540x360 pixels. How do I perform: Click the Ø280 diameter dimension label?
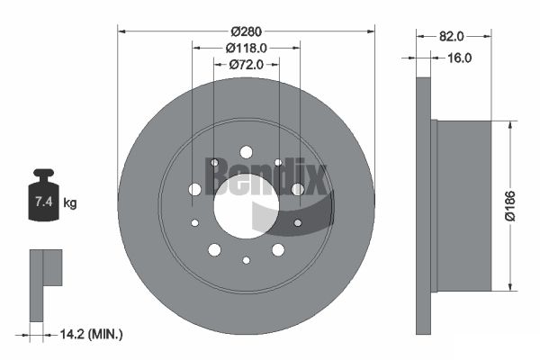247,31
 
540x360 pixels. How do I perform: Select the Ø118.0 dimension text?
247,49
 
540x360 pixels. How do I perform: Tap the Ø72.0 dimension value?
247,65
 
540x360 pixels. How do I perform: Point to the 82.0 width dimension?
452,36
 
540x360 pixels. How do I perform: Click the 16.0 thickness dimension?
459,58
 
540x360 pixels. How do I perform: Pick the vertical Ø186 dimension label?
509,206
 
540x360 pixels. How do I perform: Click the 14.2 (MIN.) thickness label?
91,334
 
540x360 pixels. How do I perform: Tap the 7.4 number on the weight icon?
44,202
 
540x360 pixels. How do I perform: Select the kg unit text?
70,203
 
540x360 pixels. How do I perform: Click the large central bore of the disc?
246,206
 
